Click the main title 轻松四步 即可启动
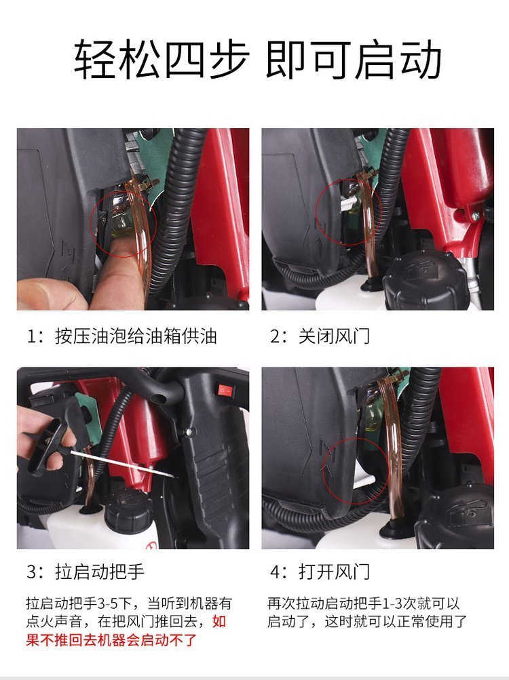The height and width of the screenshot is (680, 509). coord(257,60)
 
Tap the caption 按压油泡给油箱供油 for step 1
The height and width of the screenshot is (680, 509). coord(136,336)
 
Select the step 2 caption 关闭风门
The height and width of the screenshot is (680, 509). coord(334,336)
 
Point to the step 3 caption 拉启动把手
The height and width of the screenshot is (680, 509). coord(100,572)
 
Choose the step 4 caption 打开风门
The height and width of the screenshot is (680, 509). coord(334,572)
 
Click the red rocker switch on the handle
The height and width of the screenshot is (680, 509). coord(225,391)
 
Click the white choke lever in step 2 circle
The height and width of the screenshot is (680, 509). coord(347,201)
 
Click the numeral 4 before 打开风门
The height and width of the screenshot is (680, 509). coord(275,572)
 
